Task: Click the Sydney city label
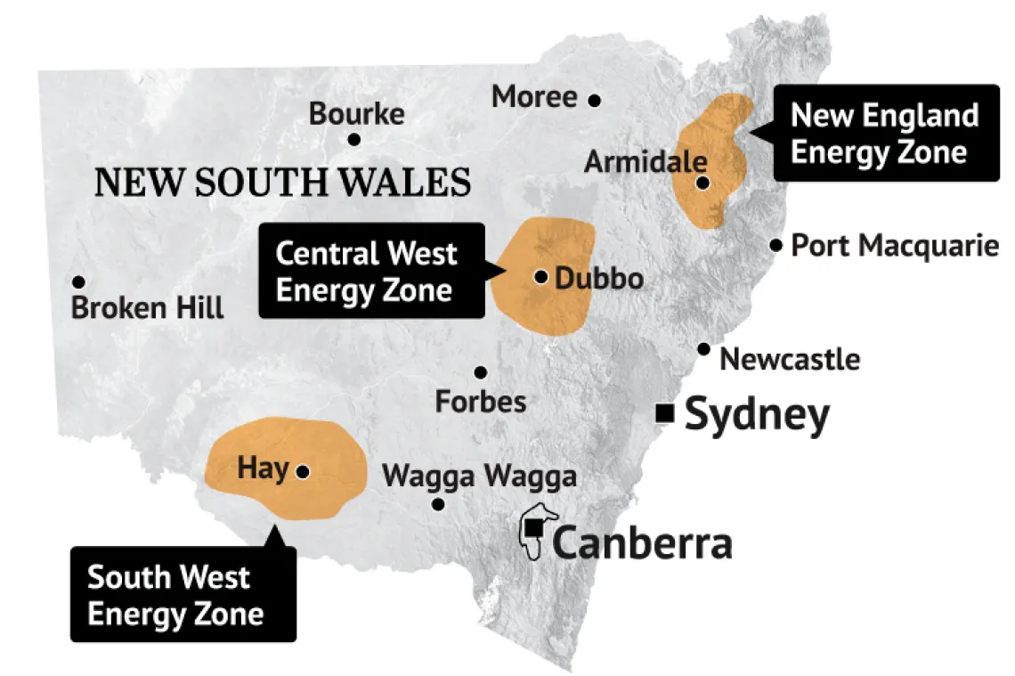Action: (757, 415)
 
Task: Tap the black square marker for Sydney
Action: (663, 412)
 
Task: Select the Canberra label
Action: (642, 542)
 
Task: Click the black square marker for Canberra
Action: (533, 528)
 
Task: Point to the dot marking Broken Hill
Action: (78, 281)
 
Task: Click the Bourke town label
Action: (356, 114)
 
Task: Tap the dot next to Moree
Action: (595, 100)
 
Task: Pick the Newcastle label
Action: (790, 360)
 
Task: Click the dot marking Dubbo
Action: (540, 276)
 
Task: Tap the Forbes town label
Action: (481, 402)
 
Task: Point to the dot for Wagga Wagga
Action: (438, 504)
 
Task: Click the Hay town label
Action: (263, 468)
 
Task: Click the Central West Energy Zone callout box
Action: (371, 271)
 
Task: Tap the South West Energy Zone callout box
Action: (183, 594)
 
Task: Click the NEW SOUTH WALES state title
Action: (282, 183)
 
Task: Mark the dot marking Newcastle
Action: (704, 349)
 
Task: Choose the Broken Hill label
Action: (147, 309)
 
